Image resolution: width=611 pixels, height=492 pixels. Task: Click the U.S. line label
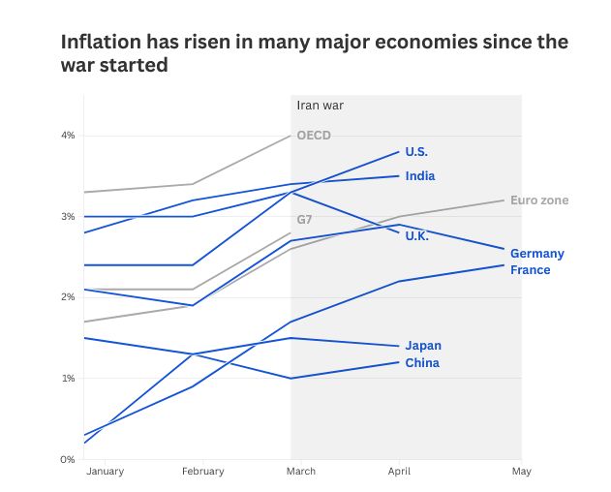[416, 152]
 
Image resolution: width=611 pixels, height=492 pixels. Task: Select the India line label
[420, 176]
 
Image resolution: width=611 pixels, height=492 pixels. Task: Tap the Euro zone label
[539, 200]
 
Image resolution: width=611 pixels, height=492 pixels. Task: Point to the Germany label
[537, 254]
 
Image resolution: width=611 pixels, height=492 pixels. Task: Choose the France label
[530, 270]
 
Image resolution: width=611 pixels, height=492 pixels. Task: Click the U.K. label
[416, 236]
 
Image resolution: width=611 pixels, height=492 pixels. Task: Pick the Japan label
[423, 346]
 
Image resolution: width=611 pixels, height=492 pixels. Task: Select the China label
[422, 363]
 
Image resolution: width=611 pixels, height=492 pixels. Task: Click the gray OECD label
[314, 136]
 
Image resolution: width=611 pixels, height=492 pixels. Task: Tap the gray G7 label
[304, 220]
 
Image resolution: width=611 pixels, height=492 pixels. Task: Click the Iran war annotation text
[320, 106]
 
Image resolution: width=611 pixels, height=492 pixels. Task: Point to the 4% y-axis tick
[68, 136]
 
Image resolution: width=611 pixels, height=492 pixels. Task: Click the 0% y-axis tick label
[68, 460]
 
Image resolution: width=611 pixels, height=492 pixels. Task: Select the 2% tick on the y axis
[68, 297]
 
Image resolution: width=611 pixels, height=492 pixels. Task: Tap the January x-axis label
[105, 472]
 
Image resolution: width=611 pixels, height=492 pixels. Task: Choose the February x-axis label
[202, 472]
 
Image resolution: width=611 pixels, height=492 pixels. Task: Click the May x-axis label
[521, 472]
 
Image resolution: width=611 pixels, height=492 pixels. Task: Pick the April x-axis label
[399, 472]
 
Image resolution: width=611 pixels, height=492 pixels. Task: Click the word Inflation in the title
[101, 42]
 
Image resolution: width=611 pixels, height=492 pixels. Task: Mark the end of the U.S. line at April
[399, 152]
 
